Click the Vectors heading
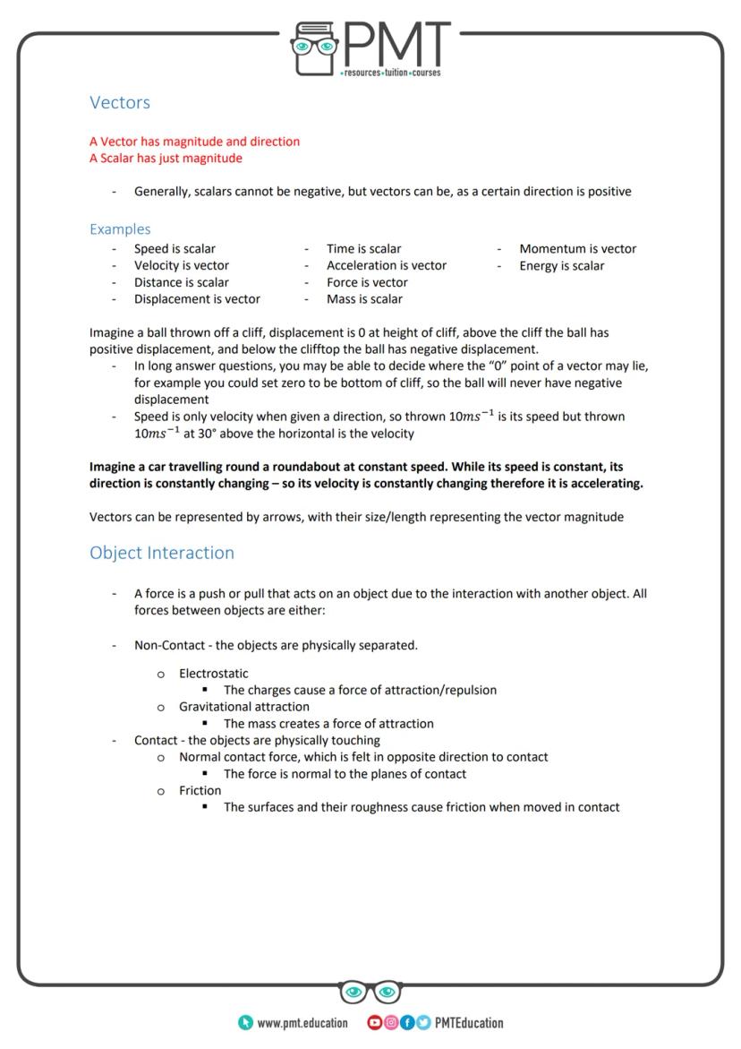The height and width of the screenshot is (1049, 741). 120,103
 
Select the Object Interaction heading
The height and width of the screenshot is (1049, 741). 161,553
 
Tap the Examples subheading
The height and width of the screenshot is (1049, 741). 120,229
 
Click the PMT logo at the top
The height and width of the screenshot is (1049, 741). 371,50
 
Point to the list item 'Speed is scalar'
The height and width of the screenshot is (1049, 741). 175,249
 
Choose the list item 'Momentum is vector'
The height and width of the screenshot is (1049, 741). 577,249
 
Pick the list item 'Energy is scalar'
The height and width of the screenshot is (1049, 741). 561,266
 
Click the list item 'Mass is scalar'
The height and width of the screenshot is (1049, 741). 364,299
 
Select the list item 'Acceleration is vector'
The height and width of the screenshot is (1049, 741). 386,266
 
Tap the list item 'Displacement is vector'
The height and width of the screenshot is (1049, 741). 197,299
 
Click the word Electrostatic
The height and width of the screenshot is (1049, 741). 213,674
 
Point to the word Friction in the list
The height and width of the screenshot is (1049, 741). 200,791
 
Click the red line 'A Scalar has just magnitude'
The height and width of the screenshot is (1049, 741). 166,159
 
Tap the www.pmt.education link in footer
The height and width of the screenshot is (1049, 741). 302,1023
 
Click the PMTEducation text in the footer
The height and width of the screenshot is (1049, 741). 469,1023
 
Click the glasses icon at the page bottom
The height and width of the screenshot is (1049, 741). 370,993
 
